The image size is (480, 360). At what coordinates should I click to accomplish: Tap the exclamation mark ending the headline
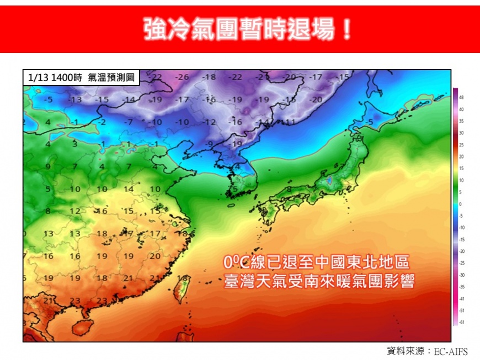pyautogui.click(x=346, y=29)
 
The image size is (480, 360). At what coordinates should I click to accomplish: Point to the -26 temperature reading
pyautogui.click(x=182, y=77)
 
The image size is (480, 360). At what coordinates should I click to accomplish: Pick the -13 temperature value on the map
pyautogui.click(x=75, y=99)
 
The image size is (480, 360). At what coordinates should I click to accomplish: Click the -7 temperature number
pyautogui.click(x=129, y=121)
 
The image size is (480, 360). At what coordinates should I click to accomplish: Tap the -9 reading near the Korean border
pyautogui.click(x=210, y=144)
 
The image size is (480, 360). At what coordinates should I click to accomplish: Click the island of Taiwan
pyautogui.click(x=182, y=288)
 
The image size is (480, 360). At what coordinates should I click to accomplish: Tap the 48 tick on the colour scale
pyautogui.click(x=462, y=97)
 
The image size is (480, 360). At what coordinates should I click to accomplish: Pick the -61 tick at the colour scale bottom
pyautogui.click(x=462, y=322)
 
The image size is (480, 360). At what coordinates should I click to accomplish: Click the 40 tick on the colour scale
pyautogui.click(x=462, y=109)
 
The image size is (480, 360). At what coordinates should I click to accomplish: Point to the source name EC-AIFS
pyautogui.click(x=450, y=351)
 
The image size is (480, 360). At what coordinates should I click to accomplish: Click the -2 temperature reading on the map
pyautogui.click(x=102, y=121)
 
